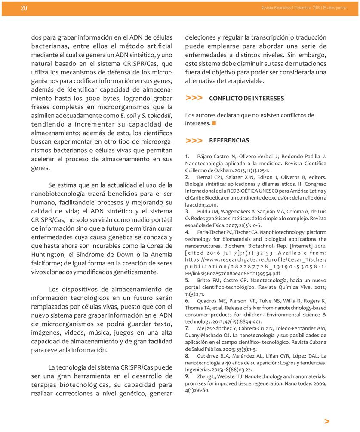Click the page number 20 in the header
tap(24, 9)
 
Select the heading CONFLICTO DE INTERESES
tap(246, 99)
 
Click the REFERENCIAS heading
tap(228, 141)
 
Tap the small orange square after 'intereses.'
tap(214, 123)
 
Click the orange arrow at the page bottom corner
tap(327, 421)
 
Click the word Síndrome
tap(96, 256)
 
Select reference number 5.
tap(187, 280)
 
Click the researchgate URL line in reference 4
tap(255, 260)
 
